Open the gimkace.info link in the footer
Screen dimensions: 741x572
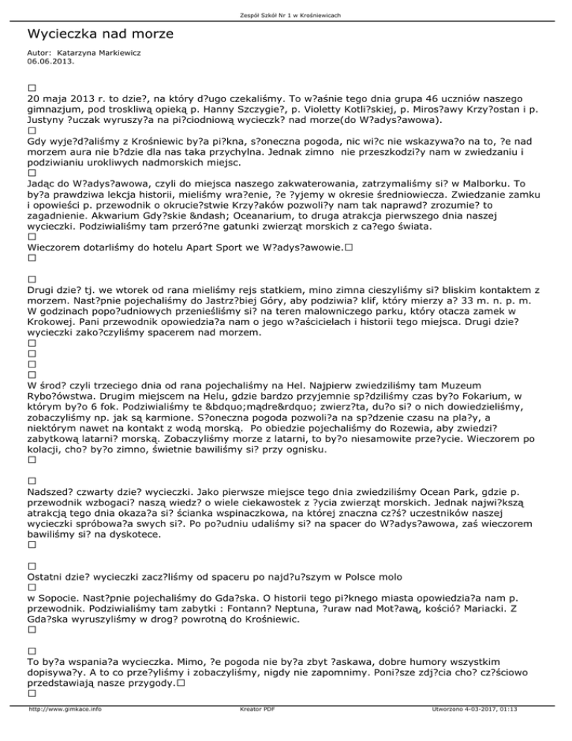[64, 731]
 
